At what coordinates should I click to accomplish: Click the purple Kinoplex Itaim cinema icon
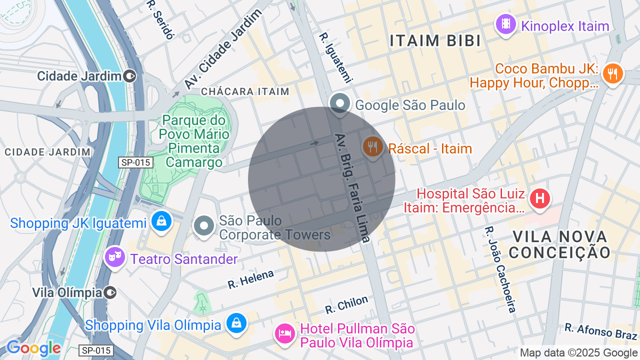point(505,23)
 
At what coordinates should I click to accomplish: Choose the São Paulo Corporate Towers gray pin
point(204,226)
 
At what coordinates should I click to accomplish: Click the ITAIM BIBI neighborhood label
point(435,41)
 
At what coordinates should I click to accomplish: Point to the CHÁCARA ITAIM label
point(245,91)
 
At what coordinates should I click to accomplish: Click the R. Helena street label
point(251,279)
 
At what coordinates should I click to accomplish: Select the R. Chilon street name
point(346,304)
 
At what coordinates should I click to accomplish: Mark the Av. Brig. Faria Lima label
point(352,187)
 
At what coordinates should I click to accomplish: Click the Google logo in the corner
point(33,348)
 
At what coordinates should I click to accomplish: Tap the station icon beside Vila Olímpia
point(110,292)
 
